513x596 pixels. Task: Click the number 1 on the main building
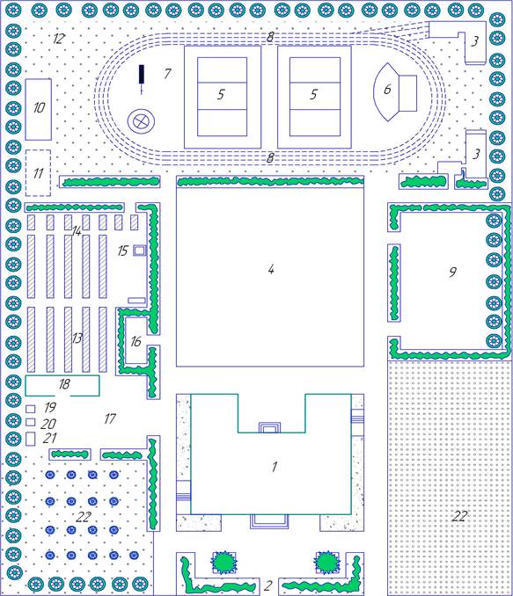[x=275, y=467]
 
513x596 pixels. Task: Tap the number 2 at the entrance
[x=267, y=585]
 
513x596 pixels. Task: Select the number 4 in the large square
[x=271, y=270]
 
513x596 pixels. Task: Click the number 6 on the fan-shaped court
[x=387, y=89]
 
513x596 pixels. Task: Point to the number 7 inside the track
[x=167, y=73]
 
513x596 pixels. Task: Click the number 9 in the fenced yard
[x=452, y=272]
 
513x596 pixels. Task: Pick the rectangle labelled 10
[x=39, y=110]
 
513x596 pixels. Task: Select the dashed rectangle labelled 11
[x=38, y=173]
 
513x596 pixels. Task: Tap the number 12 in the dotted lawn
[x=59, y=39]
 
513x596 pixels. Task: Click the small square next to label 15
[x=140, y=251]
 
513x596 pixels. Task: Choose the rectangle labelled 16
[x=136, y=341]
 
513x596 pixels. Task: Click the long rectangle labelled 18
[x=62, y=385]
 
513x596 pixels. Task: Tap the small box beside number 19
[x=31, y=409]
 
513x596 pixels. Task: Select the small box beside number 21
[x=31, y=439]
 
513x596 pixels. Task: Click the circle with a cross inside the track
[x=141, y=122]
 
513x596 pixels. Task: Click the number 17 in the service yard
[x=110, y=419]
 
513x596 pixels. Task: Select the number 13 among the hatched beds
[x=77, y=338]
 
